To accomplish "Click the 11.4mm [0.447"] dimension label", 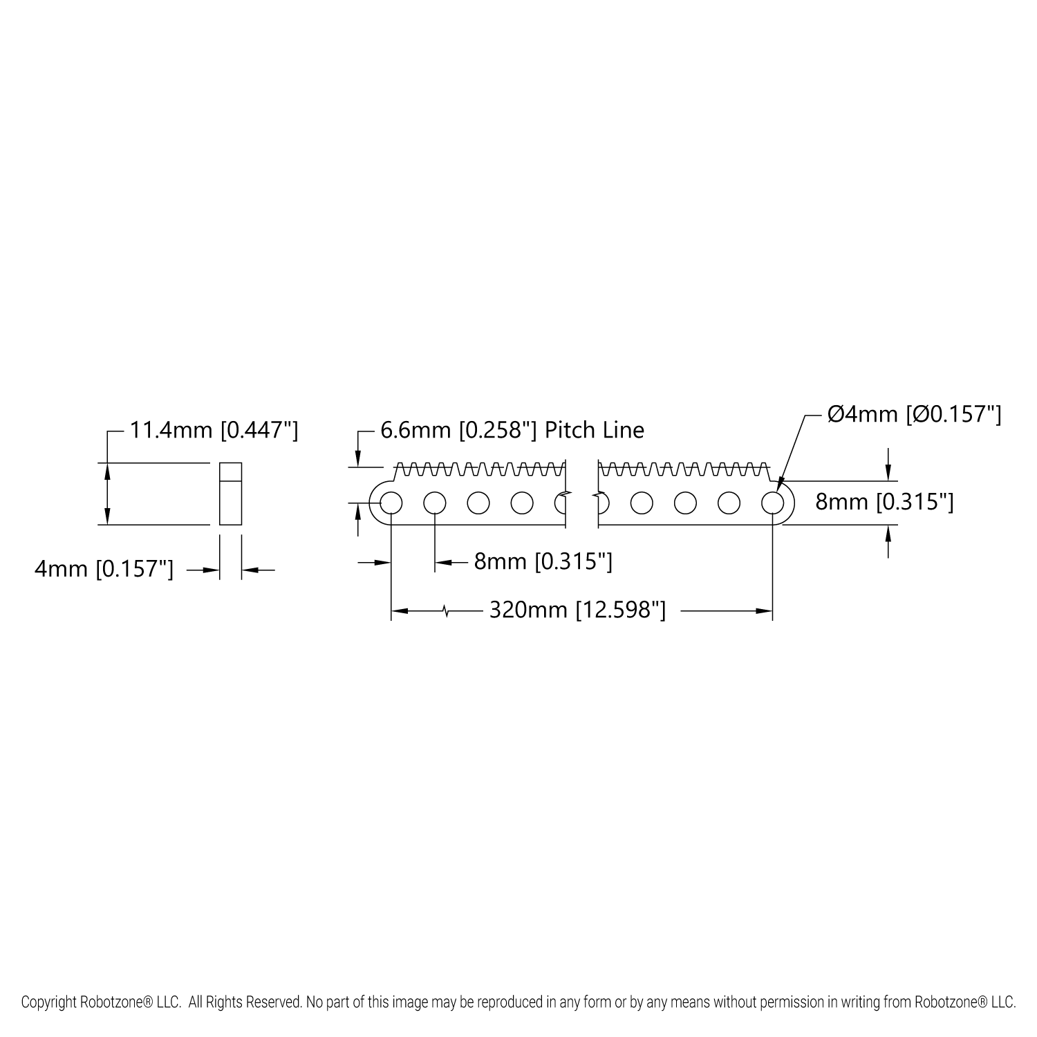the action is pyautogui.click(x=214, y=431).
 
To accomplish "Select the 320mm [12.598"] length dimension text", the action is pyautogui.click(x=577, y=610).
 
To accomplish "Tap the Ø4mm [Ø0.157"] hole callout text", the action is pyautogui.click(x=915, y=415).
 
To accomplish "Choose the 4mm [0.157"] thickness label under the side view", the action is pyautogui.click(x=104, y=570).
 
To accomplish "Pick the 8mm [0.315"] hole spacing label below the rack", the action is pyautogui.click(x=543, y=561).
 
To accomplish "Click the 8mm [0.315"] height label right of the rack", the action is pyautogui.click(x=884, y=502).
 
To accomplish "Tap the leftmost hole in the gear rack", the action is pyautogui.click(x=390, y=503).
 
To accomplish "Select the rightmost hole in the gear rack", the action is pyautogui.click(x=772, y=503).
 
